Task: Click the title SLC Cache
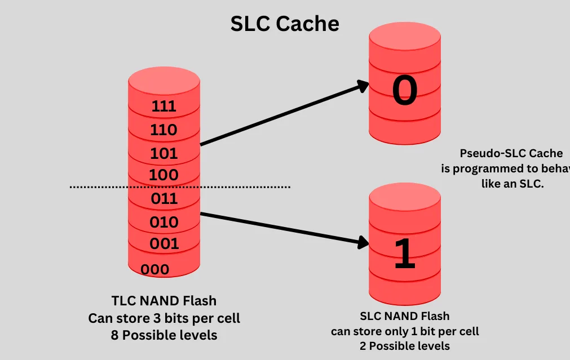[285, 24]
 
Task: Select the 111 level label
[164, 106]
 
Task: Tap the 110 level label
[164, 130]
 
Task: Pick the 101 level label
[164, 153]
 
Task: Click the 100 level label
[164, 175]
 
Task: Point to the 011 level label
[164, 198]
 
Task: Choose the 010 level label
[164, 222]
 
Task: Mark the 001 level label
[164, 244]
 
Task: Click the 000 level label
[154, 269]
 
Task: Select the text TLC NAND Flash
[164, 301]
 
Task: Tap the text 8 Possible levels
[164, 335]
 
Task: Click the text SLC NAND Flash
[404, 317]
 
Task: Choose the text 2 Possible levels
[404, 345]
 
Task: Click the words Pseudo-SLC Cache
[511, 153]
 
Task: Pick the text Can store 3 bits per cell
[164, 318]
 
